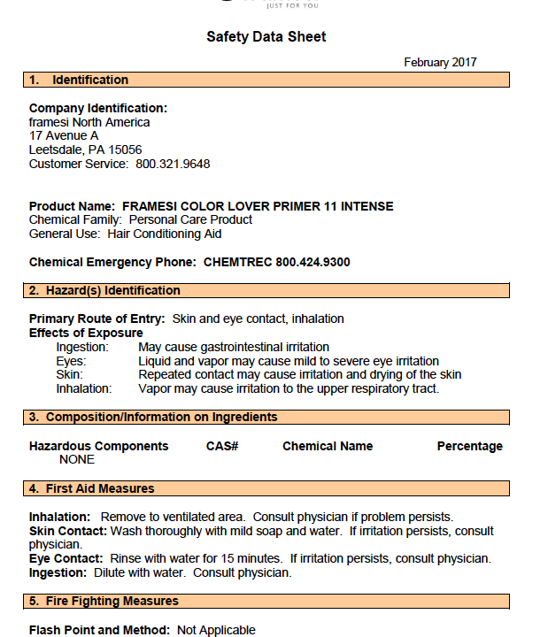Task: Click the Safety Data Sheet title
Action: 266,37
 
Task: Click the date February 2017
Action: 440,62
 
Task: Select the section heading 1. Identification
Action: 79,80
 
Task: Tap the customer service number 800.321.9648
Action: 173,164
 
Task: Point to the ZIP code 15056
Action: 125,150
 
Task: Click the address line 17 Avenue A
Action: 64,135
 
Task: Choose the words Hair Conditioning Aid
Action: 165,234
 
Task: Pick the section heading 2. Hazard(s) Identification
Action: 104,290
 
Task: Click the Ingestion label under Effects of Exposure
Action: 82,347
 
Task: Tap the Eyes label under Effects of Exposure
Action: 71,361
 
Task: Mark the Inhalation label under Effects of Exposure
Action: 84,388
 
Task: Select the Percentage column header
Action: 469,446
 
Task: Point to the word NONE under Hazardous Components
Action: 77,459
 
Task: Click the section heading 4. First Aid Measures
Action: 92,488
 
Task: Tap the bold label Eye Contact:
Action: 67,558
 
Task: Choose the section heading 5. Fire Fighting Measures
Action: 104,601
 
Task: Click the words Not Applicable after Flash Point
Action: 216,630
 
